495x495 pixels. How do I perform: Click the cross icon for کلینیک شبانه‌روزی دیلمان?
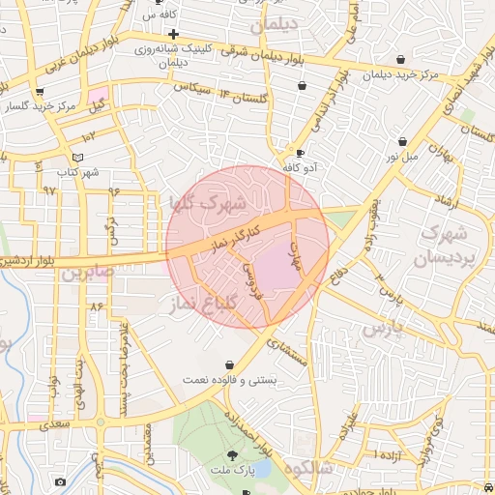coord(173,34)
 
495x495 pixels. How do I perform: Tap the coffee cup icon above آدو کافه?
coord(300,154)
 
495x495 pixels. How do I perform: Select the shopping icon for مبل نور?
coord(401,141)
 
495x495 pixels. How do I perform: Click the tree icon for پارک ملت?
coord(232,455)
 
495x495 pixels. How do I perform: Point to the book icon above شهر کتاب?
coord(78,158)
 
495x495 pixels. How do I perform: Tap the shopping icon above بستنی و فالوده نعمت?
coord(229,364)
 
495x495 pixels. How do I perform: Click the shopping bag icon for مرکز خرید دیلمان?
coord(400,58)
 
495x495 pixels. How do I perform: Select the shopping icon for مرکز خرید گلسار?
coord(40,93)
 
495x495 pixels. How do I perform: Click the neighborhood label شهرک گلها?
coord(208,205)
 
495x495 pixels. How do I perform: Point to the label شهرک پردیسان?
coord(444,246)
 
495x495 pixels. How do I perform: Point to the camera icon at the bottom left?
coord(61,481)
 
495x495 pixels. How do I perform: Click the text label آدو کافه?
coord(301,168)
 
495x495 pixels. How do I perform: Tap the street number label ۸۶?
coord(96,306)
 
